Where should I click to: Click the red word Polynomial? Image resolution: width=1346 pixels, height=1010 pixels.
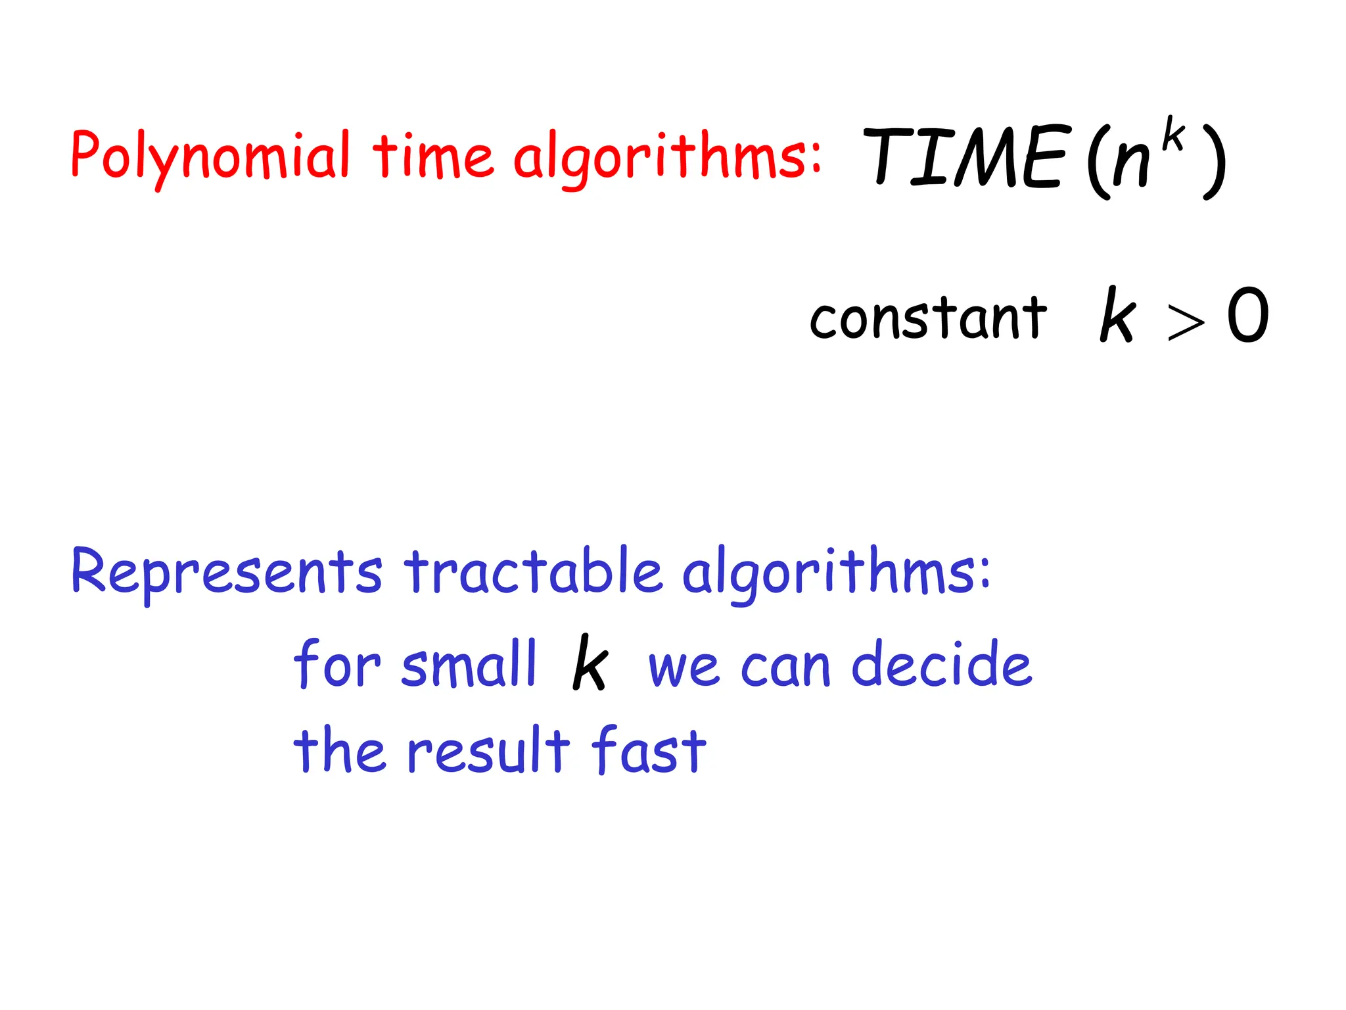tap(210, 156)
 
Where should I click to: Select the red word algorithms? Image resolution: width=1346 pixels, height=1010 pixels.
tap(666, 158)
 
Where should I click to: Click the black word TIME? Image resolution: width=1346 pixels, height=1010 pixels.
tap(963, 158)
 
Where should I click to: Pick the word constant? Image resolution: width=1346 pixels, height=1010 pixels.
tap(927, 318)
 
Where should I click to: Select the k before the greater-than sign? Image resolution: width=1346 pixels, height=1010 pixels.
tap(1117, 316)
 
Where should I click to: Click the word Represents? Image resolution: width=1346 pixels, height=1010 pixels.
tap(226, 572)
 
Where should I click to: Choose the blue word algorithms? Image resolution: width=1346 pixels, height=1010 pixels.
tap(835, 572)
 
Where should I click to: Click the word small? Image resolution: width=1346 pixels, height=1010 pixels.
tap(469, 664)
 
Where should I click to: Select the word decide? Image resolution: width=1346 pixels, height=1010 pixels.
tap(941, 664)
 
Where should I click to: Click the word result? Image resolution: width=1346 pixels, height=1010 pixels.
tap(488, 750)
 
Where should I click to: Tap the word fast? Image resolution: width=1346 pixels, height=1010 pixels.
tap(648, 750)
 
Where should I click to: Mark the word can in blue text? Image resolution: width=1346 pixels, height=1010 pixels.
tap(785, 668)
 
